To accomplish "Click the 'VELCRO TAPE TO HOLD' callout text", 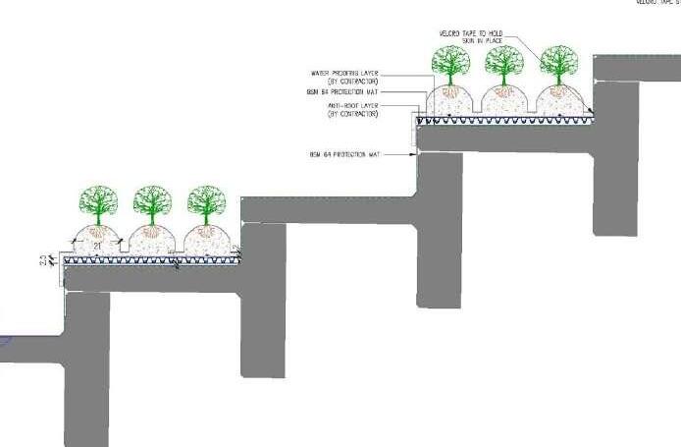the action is [x=476, y=32].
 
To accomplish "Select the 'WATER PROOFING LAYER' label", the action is [x=344, y=73].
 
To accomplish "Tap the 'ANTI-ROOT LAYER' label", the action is [x=354, y=106].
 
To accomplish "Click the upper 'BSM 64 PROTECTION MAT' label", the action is [x=340, y=91].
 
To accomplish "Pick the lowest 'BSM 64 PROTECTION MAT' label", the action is [x=343, y=155].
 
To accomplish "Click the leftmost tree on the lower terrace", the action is [x=98, y=204].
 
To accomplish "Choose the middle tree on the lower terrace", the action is [x=152, y=204].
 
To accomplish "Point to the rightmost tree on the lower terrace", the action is [x=206, y=204].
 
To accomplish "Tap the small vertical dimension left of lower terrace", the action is [x=55, y=259].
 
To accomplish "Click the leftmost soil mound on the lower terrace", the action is [x=98, y=242].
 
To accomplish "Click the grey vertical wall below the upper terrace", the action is [x=439, y=231].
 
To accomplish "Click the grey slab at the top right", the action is [x=638, y=68].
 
